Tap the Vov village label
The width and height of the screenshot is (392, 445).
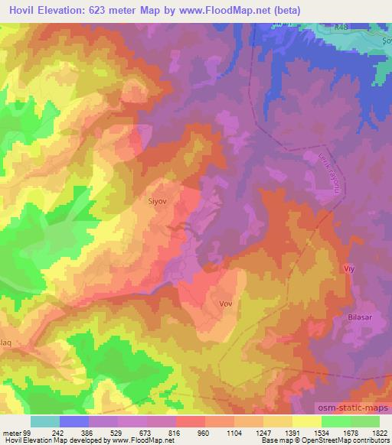pyautogui.click(x=225, y=304)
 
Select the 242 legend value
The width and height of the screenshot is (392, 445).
pyautogui.click(x=60, y=434)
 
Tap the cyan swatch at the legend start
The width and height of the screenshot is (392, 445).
pyautogui.click(x=45, y=422)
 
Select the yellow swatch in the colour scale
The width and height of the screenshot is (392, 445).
pyautogui.click(x=306, y=422)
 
